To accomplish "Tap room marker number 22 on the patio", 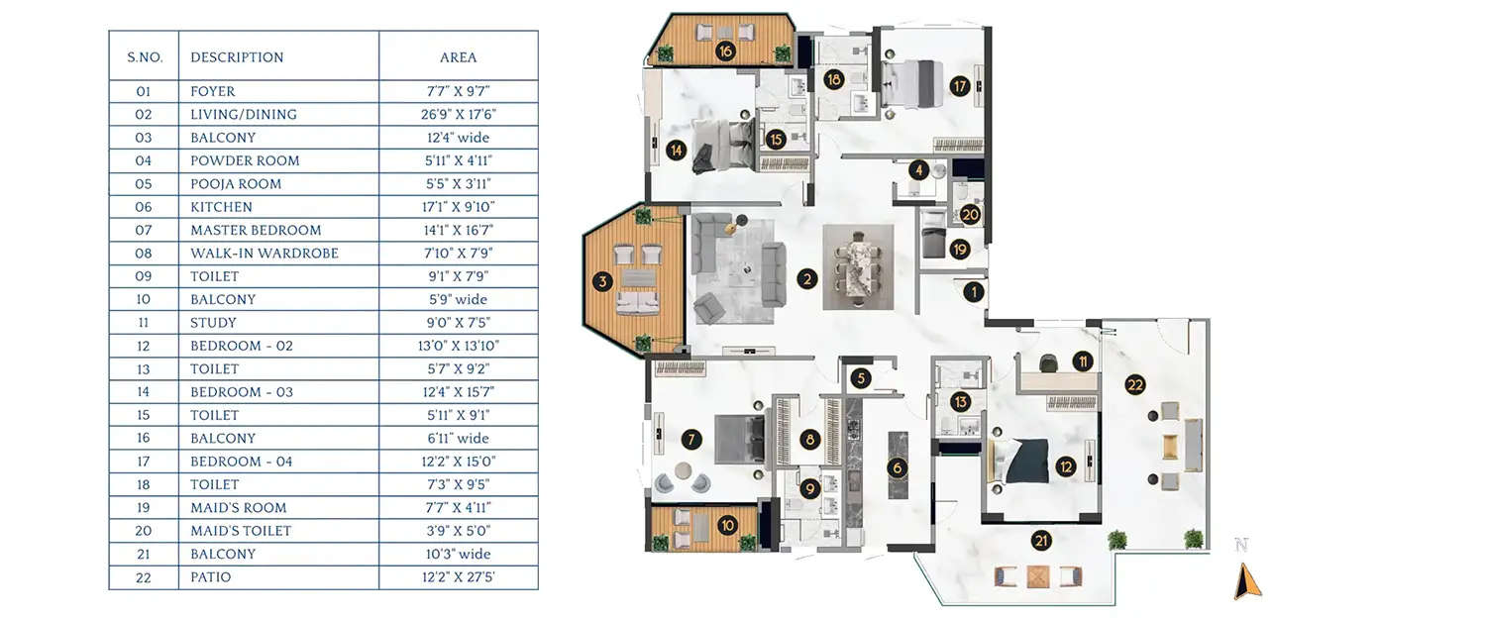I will pos(1135,386).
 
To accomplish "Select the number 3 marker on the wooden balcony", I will pos(602,282).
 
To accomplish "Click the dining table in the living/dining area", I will pos(858,267).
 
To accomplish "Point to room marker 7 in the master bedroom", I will pos(692,439).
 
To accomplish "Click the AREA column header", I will pos(458,57).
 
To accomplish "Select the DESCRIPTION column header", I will pos(237,57).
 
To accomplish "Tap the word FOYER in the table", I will pos(213,91).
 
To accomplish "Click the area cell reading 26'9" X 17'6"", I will pos(458,114).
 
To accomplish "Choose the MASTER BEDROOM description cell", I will pos(256,230).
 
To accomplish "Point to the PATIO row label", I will pos(210,577).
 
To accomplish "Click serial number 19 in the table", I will pos(144,507).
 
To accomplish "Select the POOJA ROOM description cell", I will pos(236,183).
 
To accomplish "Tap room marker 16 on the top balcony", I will pos(725,52).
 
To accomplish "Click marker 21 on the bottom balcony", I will pos(1041,541).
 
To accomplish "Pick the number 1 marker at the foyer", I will pos(974,291).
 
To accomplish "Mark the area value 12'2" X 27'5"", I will pos(458,577).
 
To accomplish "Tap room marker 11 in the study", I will pos(1085,361).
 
